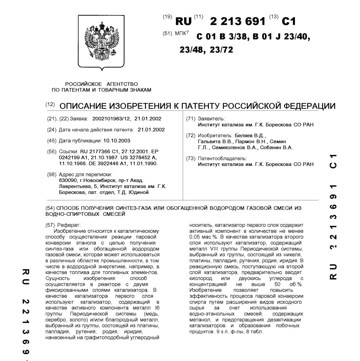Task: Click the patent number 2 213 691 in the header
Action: click(x=238, y=21)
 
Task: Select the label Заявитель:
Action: click(x=211, y=119)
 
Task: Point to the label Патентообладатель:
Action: click(x=222, y=158)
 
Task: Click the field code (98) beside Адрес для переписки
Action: click(x=52, y=175)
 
